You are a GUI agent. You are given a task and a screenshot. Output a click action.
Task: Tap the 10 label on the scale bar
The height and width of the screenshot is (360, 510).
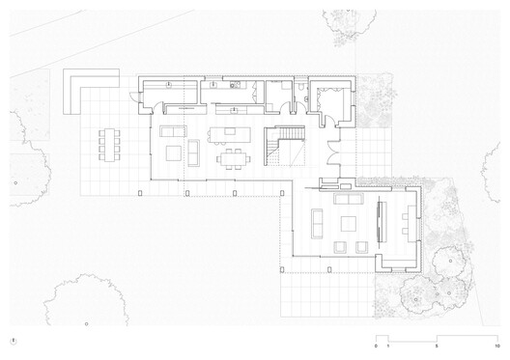point(496,346)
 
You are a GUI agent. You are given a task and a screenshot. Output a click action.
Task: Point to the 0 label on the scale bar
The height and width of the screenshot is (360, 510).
point(376,346)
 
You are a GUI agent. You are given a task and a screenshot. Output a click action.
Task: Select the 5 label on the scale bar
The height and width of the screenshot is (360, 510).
point(437,346)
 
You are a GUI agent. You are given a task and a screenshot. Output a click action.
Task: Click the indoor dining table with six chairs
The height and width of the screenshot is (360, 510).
point(231,155)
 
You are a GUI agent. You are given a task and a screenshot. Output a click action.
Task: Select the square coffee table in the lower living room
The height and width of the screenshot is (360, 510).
point(348,225)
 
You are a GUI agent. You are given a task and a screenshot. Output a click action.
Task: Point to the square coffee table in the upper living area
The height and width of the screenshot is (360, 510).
point(173,152)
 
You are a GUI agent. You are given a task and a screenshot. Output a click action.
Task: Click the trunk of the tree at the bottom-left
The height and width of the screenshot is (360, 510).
point(86,324)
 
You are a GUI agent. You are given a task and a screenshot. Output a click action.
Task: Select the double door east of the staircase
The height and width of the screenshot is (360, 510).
point(332,154)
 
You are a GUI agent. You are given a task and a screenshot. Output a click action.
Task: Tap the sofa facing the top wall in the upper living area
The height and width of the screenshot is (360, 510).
point(174,130)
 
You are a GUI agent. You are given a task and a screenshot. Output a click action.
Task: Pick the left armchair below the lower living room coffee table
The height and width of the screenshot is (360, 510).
point(339,247)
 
